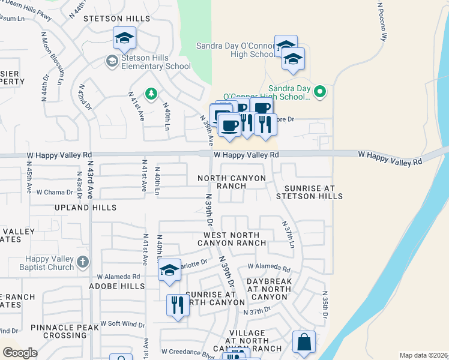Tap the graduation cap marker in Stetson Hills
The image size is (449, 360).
(124, 39)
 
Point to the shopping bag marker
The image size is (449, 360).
(304, 343)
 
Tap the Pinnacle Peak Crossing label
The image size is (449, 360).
(59, 331)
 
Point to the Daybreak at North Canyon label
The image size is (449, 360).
(269, 289)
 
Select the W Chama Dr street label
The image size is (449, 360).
(55, 193)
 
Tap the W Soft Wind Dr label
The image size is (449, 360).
(122, 324)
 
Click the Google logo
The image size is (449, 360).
(20, 353)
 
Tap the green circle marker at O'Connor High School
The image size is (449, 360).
(320, 92)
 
